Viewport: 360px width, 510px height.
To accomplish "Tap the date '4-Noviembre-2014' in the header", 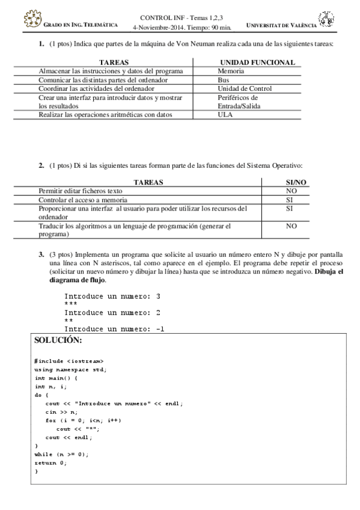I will [158, 26].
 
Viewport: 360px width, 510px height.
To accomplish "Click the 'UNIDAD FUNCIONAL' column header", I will [257, 63].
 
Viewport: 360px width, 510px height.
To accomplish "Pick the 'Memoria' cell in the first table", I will [231, 71].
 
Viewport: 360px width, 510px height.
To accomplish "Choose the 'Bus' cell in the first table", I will [224, 79].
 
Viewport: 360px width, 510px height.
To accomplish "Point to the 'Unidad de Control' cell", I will [245, 88].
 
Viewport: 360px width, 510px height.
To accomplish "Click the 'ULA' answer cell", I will [225, 114].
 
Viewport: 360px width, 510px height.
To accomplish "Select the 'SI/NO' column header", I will [296, 182].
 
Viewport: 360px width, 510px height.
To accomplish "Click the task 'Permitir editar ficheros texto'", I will [81, 191].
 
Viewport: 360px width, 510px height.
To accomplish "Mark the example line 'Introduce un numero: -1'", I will [114, 329].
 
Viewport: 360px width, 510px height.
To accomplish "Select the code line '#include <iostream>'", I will [64, 360].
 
